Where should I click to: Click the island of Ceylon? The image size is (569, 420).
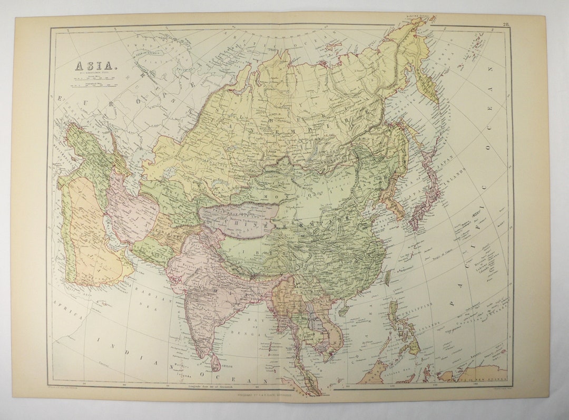tap(215, 363)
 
